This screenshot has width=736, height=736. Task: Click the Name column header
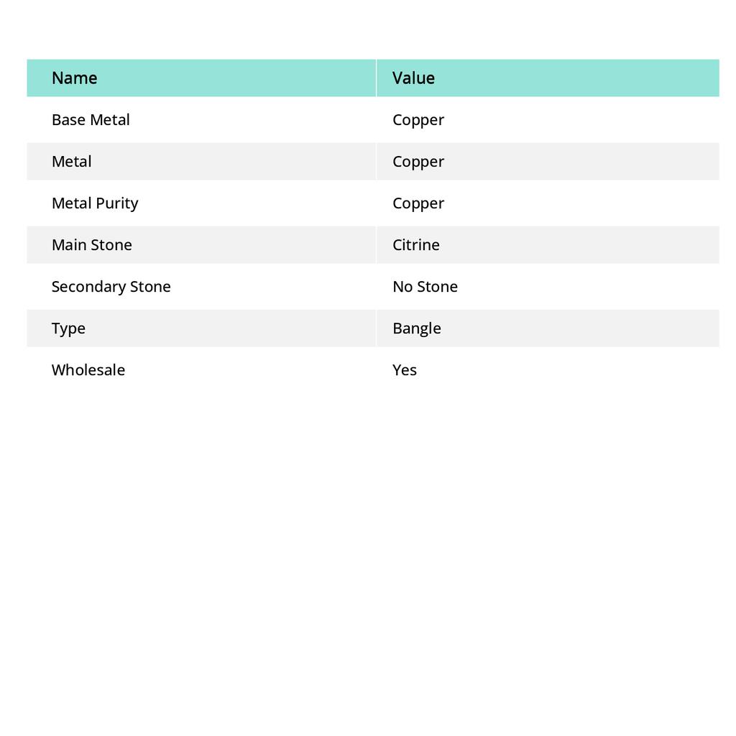tap(74, 78)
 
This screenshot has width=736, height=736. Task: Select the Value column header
tap(413, 78)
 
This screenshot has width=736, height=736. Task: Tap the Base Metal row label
tap(91, 120)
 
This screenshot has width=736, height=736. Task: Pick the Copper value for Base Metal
tap(418, 120)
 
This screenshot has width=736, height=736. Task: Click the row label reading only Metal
tap(71, 162)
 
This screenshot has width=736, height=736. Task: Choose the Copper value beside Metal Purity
tap(418, 203)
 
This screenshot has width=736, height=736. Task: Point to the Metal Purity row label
tap(95, 203)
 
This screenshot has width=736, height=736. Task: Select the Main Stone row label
tap(92, 245)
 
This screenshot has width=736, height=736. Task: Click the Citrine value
tap(416, 245)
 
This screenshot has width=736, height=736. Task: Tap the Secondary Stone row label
tap(111, 287)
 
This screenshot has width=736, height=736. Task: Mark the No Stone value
tap(425, 287)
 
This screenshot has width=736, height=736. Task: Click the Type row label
tap(68, 328)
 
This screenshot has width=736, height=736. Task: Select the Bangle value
tap(417, 328)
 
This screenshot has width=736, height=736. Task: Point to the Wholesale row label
tap(88, 370)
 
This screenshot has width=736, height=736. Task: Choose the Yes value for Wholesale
tap(405, 370)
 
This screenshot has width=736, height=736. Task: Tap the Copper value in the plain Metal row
tap(418, 162)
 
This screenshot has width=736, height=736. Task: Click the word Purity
tap(117, 203)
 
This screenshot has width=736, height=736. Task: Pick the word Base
tap(68, 120)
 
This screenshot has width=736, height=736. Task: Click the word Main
tap(69, 245)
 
